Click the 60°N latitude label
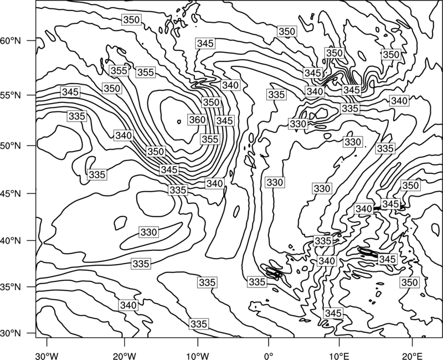tap(11, 41)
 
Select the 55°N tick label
tap(11, 95)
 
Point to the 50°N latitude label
tap(11, 146)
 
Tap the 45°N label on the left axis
tap(11, 194)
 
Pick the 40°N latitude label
tap(11, 241)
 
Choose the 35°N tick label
tap(11, 287)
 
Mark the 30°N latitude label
tap(11, 333)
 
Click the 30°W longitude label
tap(47, 356)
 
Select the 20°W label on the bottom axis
tap(125, 356)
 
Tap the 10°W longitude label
tap(198, 356)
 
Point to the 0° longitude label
tap(269, 356)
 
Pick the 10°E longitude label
tap(339, 356)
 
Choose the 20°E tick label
tap(412, 356)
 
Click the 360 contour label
tap(197, 120)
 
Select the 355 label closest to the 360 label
tap(210, 140)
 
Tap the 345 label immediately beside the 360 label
tap(224, 121)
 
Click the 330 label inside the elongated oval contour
tap(148, 232)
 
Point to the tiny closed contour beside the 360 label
tap(179, 122)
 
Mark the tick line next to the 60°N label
tap(32, 40)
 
